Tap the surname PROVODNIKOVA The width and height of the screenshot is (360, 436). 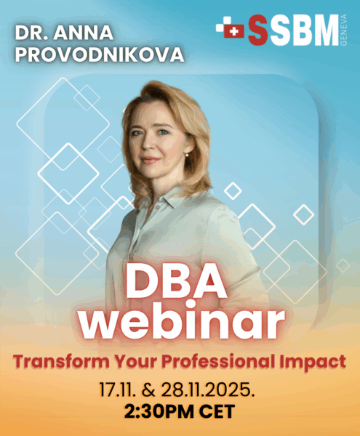point(99,55)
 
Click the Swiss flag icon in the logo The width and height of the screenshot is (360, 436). point(231,30)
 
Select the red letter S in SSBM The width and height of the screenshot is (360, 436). point(257,30)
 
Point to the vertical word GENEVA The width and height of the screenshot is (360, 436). point(345,30)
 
